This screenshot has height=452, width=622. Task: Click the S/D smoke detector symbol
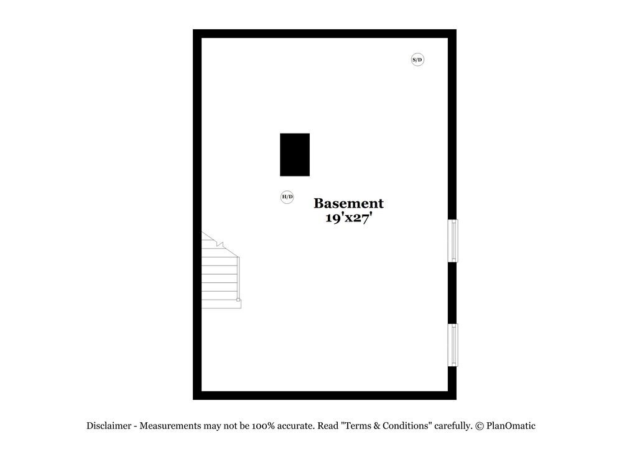coord(417,60)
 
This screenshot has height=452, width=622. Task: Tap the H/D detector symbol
coord(287,196)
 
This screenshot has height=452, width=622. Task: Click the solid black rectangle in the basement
coord(295,155)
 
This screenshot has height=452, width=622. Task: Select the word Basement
coord(349,203)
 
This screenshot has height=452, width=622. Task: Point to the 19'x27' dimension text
coord(349,218)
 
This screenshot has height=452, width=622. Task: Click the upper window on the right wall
coord(453,241)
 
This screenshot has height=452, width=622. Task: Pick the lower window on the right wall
coord(453,345)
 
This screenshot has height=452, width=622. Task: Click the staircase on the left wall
coord(221,270)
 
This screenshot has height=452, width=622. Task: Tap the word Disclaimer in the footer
coord(109,426)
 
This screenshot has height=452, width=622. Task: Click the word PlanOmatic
coord(511,426)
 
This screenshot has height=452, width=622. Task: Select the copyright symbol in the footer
coord(480,427)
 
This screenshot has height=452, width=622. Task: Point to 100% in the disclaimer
coord(263,426)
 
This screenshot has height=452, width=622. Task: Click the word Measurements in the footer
coord(170,426)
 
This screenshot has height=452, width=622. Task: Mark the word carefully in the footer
coord(453,426)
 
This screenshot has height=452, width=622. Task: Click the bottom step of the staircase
coord(221,304)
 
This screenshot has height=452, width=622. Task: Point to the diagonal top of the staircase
coord(220,244)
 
